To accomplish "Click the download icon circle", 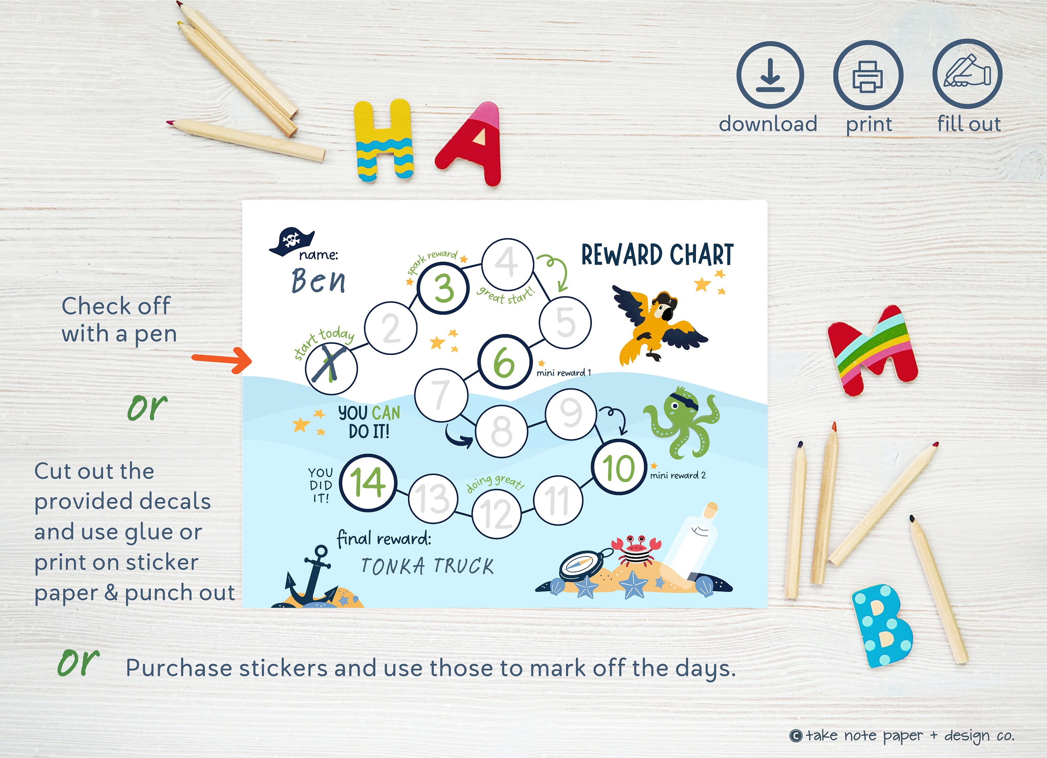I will coord(770,75).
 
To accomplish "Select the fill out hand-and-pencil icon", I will coord(967,74).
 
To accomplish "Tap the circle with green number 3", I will coord(443,288).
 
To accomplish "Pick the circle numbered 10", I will coord(618,467).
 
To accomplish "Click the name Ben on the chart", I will coord(319,281).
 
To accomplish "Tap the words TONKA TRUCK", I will coord(427,566).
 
